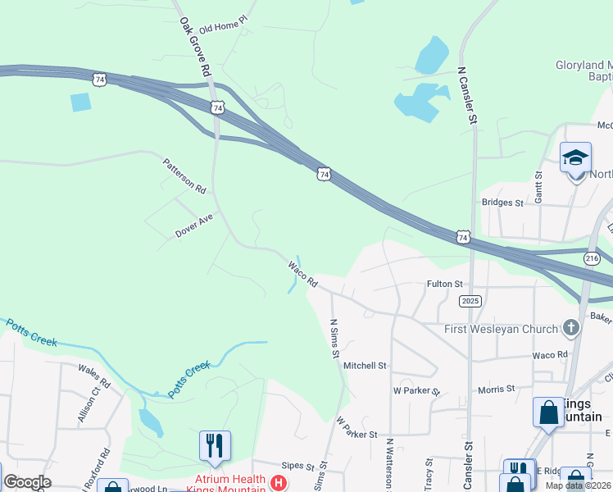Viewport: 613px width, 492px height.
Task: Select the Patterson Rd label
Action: pos(184,175)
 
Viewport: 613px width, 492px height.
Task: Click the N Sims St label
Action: pos(334,339)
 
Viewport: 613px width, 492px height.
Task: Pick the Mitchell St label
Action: pos(365,366)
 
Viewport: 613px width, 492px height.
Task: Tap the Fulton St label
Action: pos(446,284)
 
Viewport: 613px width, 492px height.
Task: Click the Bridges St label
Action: pos(502,203)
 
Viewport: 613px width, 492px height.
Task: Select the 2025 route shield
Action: pos(470,301)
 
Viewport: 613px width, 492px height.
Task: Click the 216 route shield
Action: pos(592,257)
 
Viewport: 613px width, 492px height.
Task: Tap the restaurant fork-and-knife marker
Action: pos(215,445)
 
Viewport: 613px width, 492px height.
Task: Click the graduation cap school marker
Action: pos(575,157)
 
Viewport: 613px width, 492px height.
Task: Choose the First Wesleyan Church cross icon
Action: pos(571,329)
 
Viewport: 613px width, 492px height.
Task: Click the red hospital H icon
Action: pos(279,482)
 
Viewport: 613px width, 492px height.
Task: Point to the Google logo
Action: pos(27,482)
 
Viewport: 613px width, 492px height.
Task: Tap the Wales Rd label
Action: pos(94,377)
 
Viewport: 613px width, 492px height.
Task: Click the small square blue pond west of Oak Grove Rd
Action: pos(81,102)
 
